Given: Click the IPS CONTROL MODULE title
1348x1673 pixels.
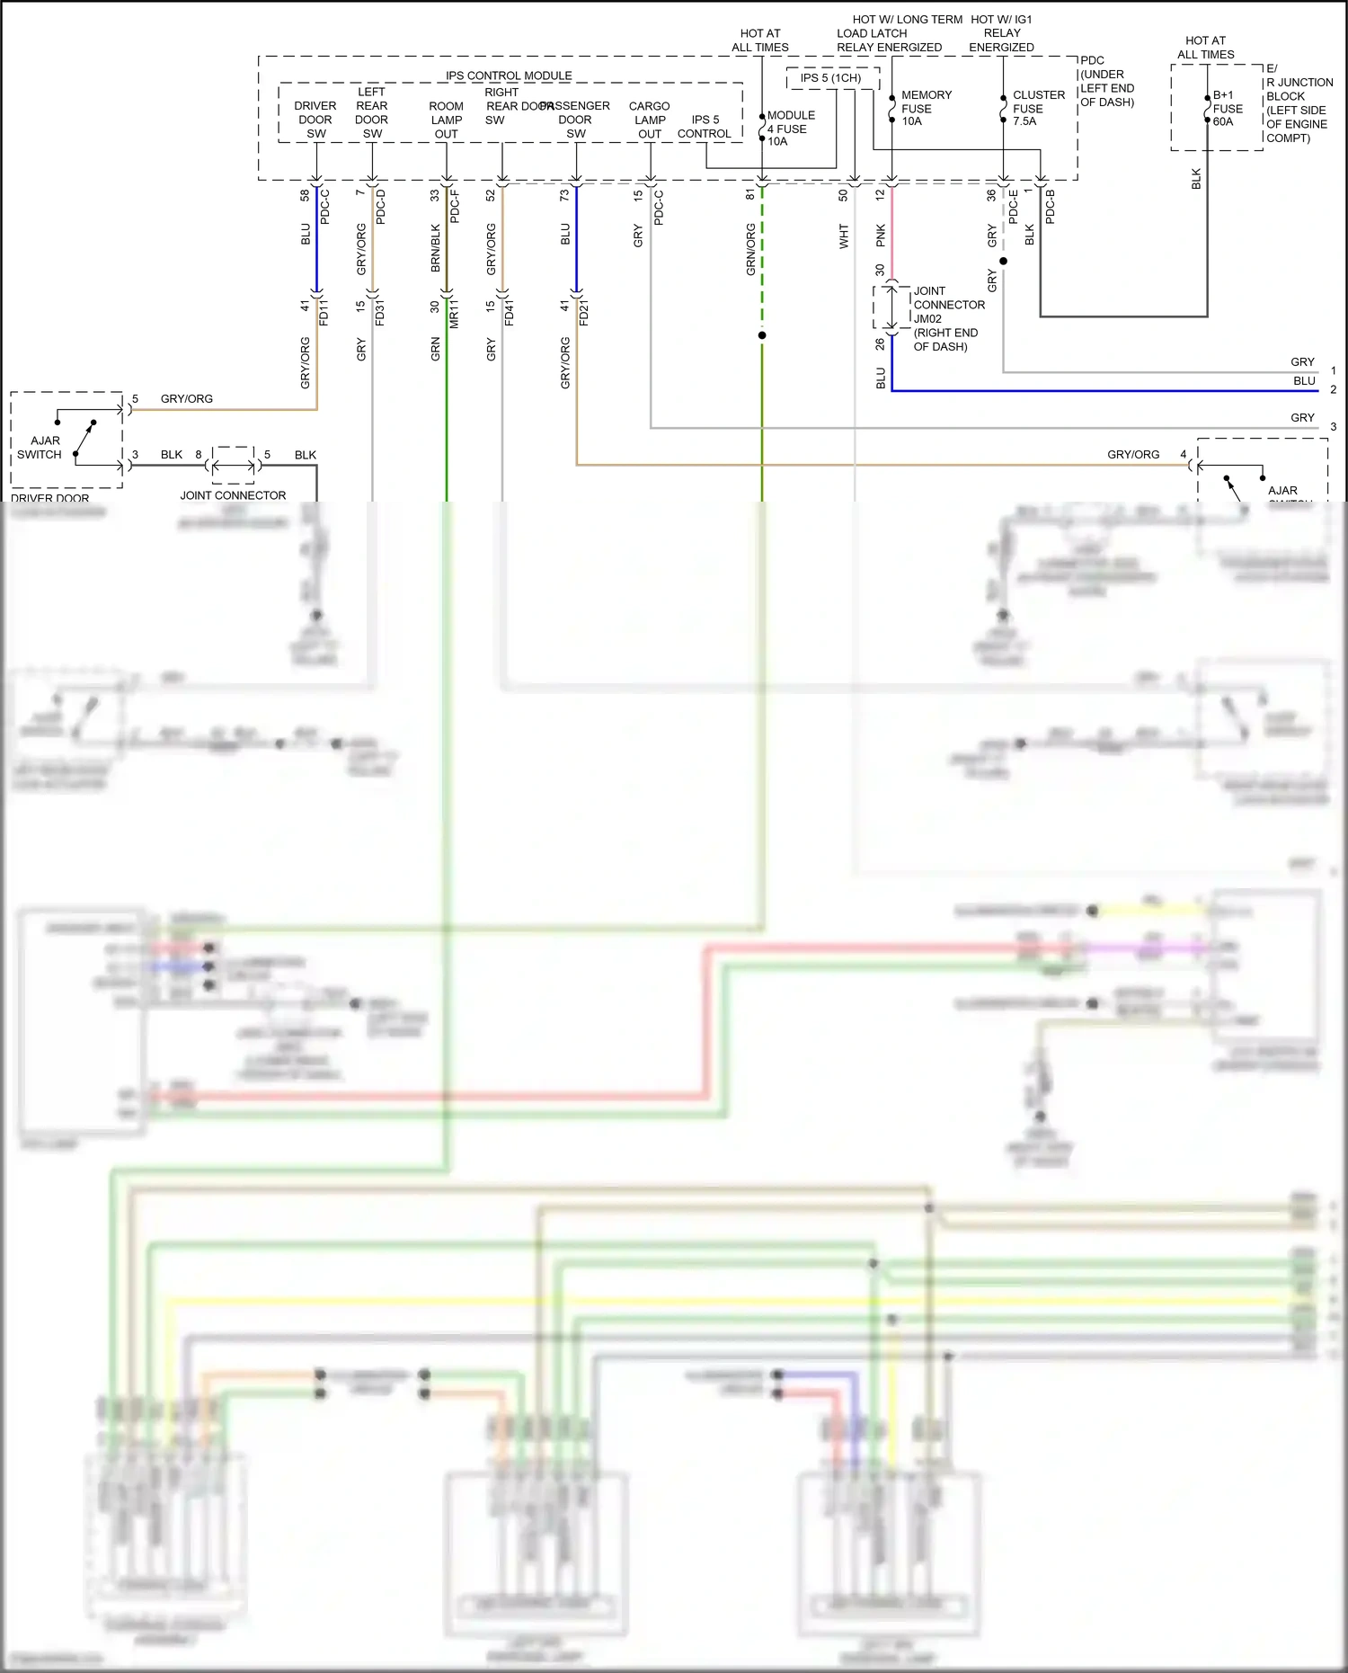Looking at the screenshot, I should click(x=509, y=76).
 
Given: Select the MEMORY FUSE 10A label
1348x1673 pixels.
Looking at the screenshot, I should click(x=926, y=108).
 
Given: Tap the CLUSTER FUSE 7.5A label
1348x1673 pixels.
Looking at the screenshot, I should click(x=1038, y=108).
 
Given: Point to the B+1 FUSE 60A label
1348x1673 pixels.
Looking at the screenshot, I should click(x=1228, y=108).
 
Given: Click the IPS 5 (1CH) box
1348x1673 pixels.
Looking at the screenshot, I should click(x=831, y=78).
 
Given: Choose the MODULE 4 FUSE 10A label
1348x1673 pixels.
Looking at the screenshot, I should click(x=790, y=129).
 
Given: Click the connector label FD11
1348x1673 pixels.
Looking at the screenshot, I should click(x=324, y=312).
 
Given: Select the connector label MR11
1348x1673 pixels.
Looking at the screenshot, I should click(x=455, y=312).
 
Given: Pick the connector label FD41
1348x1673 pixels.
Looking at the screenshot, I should click(x=510, y=312).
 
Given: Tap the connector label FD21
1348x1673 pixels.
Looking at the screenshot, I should click(x=584, y=312).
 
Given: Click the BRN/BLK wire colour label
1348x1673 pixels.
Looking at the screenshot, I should click(x=436, y=248).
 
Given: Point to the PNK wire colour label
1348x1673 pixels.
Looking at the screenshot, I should click(x=881, y=236).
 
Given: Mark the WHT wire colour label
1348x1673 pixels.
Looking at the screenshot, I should click(x=844, y=236).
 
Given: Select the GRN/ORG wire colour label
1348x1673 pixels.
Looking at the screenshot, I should click(x=750, y=249).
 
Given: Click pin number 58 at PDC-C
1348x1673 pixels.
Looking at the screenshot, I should click(x=305, y=195).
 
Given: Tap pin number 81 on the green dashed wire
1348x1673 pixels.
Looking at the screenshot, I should click(x=750, y=195).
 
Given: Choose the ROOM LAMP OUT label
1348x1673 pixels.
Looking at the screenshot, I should click(x=446, y=120).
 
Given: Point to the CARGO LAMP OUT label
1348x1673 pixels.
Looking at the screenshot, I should click(x=650, y=120).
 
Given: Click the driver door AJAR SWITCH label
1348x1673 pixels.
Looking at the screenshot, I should click(x=40, y=448).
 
